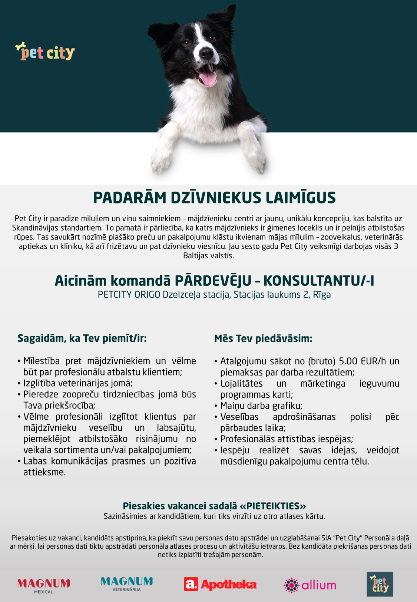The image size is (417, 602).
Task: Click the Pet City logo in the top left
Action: [45, 52]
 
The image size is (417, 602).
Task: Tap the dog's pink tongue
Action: [207, 78]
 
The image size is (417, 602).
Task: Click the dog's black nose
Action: [206, 54]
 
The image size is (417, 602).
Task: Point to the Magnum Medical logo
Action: [44, 585]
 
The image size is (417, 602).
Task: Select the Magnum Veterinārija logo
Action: [127, 583]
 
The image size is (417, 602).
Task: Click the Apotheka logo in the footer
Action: [220, 585]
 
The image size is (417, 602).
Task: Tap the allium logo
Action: [310, 585]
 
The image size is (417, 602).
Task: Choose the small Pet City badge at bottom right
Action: [380, 584]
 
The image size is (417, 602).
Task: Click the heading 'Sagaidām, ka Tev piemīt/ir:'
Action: [82, 338]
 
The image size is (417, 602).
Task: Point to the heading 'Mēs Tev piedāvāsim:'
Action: [263, 338]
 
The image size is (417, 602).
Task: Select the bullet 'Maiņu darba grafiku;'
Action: [261, 406]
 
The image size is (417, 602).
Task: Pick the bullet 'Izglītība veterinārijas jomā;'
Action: [78, 383]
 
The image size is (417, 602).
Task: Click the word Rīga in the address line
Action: [322, 295]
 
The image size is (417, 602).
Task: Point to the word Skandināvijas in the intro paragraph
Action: [36, 228]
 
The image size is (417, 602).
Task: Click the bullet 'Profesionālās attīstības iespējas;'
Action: [287, 439]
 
